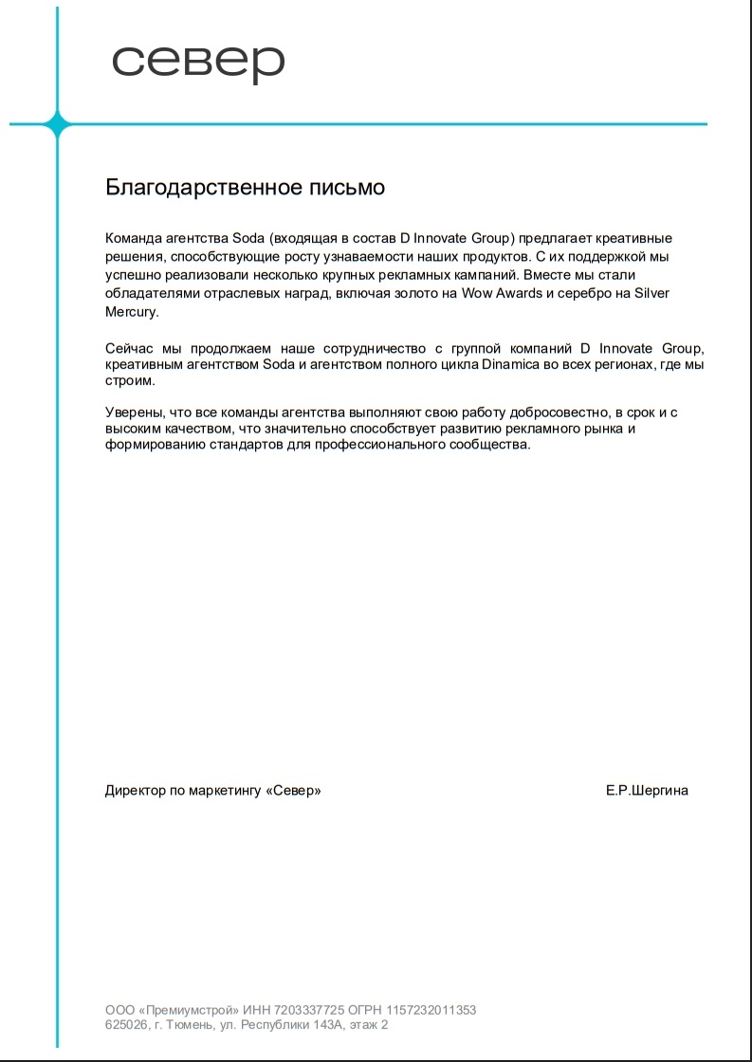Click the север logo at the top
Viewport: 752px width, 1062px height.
pyautogui.click(x=198, y=63)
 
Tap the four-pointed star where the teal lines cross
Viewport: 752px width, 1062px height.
pyautogui.click(x=57, y=124)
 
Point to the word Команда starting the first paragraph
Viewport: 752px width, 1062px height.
pyautogui.click(x=133, y=238)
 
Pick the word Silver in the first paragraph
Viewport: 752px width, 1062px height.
pyautogui.click(x=650, y=293)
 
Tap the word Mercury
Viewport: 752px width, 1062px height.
pyautogui.click(x=132, y=311)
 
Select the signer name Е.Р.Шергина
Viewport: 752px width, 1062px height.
pyautogui.click(x=647, y=790)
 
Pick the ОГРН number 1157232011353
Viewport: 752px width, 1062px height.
pyautogui.click(x=432, y=1010)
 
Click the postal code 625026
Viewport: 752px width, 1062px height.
pyautogui.click(x=125, y=1025)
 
